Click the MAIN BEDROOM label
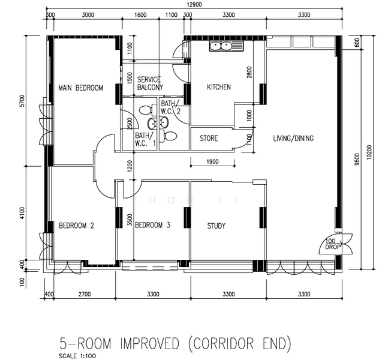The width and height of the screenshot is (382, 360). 80,88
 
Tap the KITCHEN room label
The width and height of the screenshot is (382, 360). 219,87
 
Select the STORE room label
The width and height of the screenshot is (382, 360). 209,139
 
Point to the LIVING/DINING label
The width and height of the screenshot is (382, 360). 293,139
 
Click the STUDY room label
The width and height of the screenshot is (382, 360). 216,226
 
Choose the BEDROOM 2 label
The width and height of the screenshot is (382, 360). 77,226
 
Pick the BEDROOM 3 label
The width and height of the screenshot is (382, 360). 152,225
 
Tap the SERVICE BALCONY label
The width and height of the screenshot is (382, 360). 150,83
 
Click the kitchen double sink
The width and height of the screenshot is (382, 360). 226,46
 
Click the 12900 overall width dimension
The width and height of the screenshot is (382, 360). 194,4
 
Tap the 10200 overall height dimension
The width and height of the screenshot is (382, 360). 369,152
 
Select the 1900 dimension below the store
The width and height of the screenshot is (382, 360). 213,161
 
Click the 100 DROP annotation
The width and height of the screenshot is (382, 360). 333,244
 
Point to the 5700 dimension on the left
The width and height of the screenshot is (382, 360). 22,101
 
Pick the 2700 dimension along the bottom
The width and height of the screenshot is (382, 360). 85,294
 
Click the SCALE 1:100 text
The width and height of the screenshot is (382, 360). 77,356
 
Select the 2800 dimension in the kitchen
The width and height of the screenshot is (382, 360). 249,73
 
